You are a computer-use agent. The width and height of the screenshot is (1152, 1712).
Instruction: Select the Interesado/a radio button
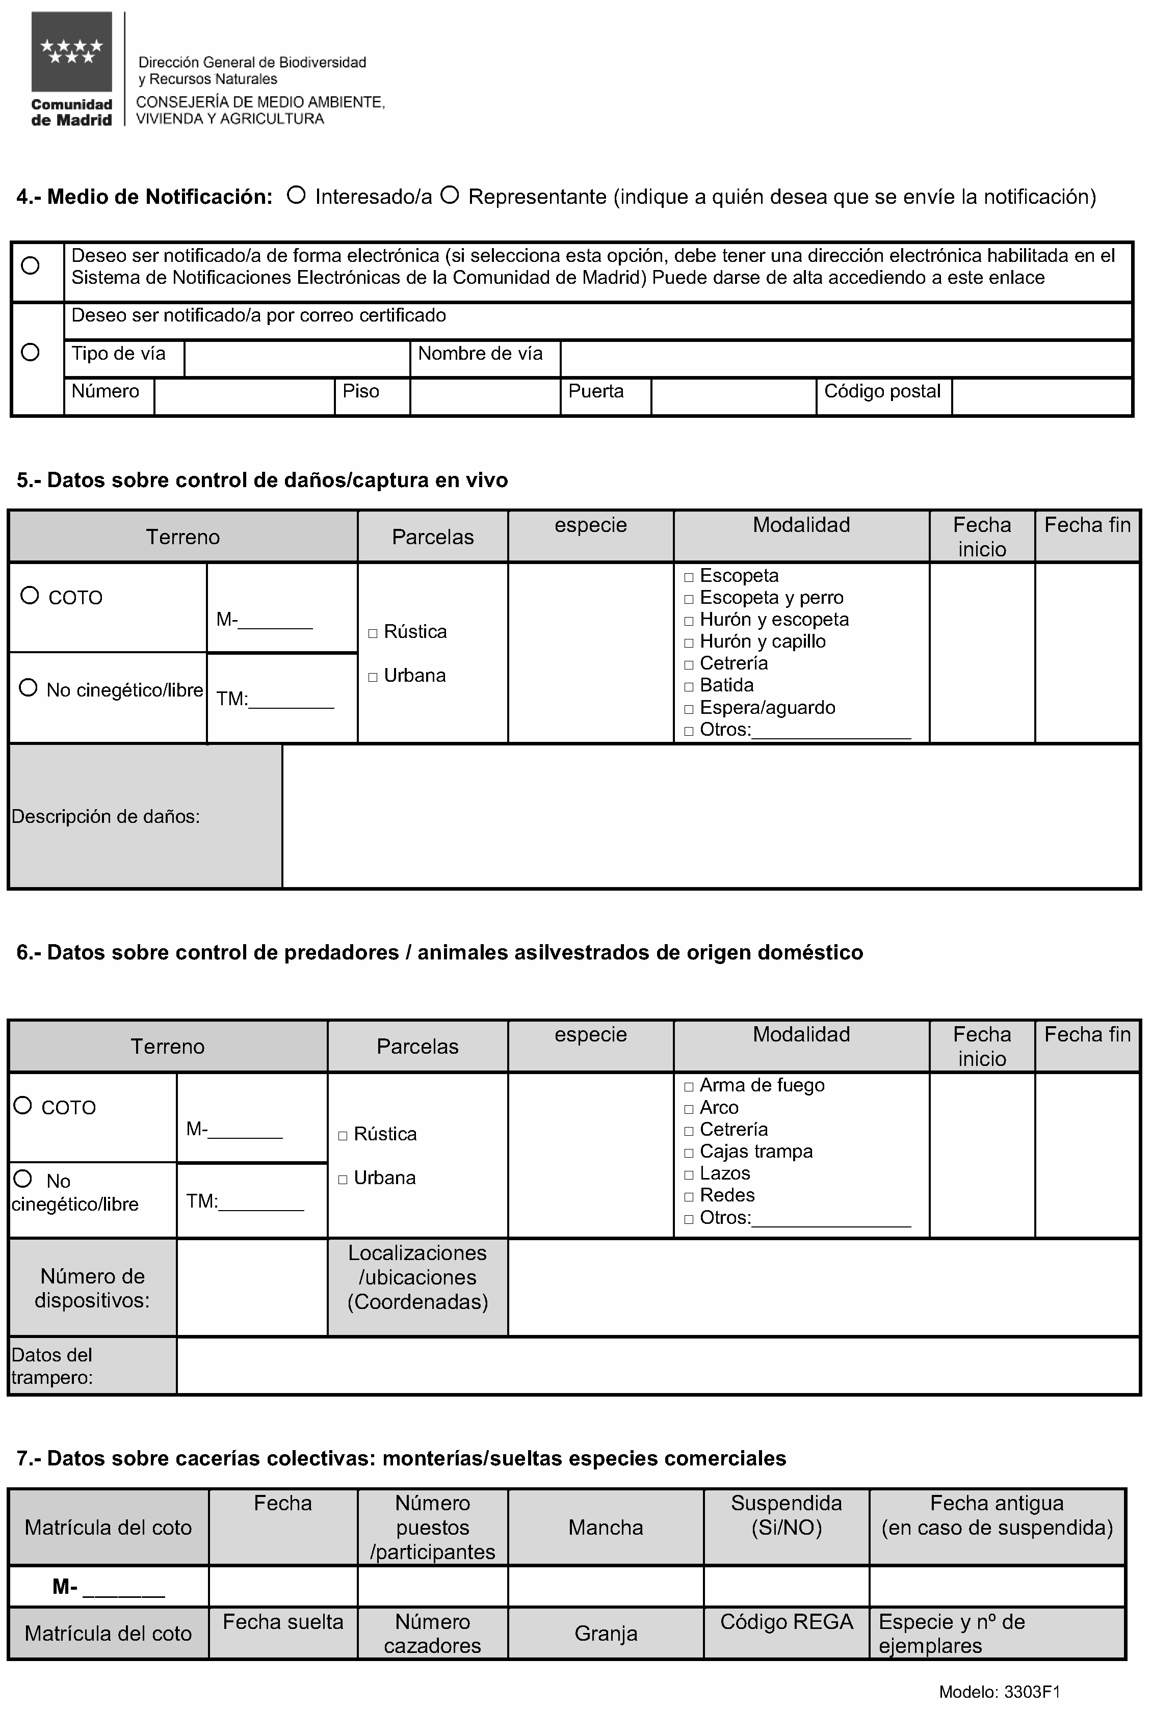click(296, 195)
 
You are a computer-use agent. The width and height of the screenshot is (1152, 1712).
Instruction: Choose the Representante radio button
click(450, 195)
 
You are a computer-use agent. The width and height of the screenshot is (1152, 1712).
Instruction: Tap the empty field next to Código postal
click(1041, 396)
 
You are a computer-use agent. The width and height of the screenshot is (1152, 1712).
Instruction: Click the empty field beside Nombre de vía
click(845, 358)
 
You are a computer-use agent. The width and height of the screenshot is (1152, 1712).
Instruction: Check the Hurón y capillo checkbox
click(689, 643)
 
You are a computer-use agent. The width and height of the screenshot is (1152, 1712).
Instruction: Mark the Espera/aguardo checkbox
click(689, 709)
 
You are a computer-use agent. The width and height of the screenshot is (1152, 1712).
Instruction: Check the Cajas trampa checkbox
click(689, 1153)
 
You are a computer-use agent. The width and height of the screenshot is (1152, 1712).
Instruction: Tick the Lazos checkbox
click(689, 1174)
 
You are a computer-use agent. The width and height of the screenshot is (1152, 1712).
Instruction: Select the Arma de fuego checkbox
click(689, 1086)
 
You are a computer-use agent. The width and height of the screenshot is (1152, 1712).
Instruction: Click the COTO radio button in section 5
click(30, 595)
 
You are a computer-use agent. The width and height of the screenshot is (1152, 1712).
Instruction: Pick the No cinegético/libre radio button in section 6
click(23, 1179)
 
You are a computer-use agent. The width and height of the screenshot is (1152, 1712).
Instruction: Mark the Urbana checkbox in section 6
click(343, 1180)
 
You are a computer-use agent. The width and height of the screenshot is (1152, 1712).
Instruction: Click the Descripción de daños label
click(106, 817)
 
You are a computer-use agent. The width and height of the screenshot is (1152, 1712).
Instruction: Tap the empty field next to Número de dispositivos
click(251, 1288)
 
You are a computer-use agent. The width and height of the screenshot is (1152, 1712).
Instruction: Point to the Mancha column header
click(606, 1528)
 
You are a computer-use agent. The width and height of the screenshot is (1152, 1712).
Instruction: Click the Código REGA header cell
click(786, 1622)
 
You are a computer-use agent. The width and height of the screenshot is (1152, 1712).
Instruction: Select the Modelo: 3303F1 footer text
click(999, 1692)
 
